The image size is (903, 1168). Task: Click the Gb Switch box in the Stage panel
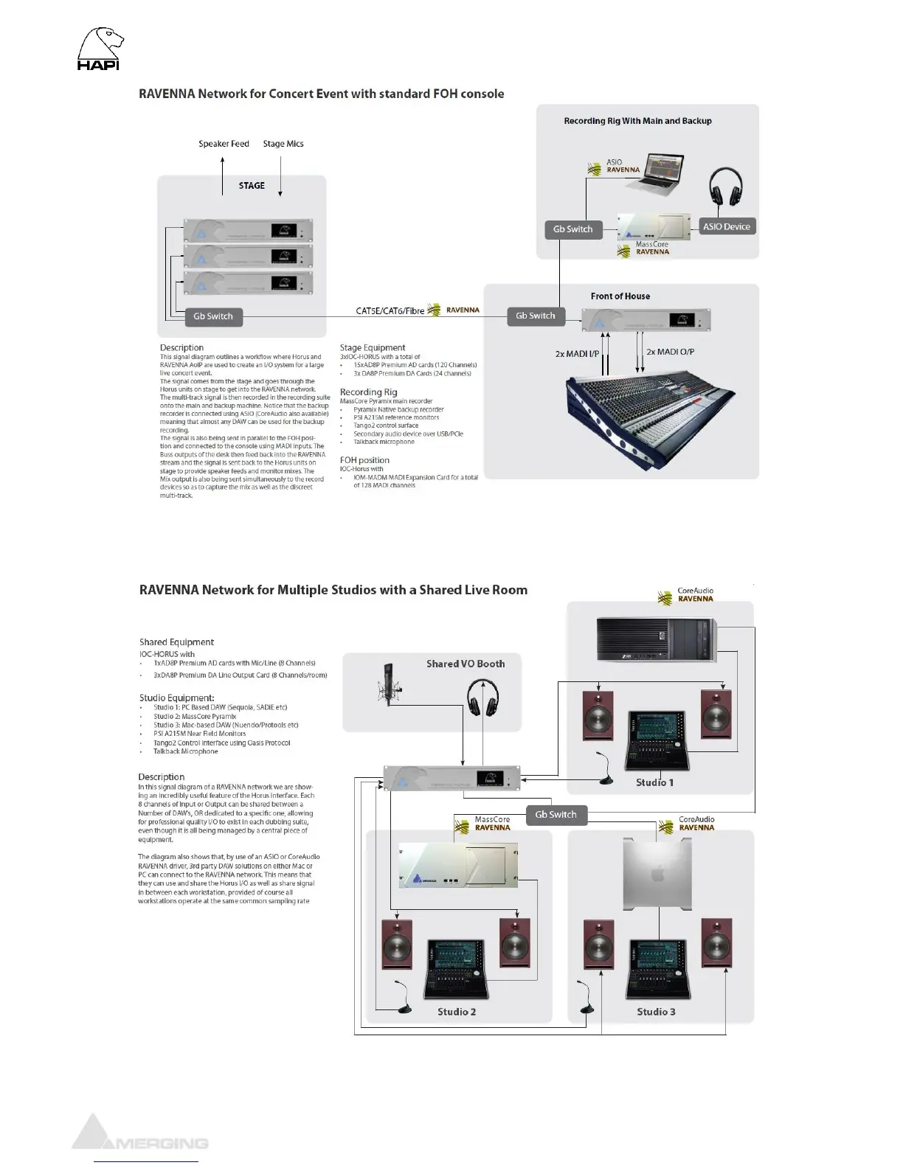[x=212, y=316]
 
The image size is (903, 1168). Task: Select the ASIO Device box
[x=726, y=226]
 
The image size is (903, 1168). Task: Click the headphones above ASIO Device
[x=725, y=187]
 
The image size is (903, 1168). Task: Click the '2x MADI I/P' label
[x=577, y=354]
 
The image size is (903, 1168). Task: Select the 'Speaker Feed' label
[x=224, y=144]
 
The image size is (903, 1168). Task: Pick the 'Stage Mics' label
[x=283, y=144]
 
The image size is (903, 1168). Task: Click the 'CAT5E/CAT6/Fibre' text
[x=390, y=311]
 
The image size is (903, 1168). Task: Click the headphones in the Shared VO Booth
[x=482, y=698]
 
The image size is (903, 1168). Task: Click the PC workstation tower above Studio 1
[x=656, y=639]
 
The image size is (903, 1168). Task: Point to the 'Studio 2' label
[x=457, y=1012]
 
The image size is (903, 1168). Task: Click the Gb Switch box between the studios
[x=556, y=815]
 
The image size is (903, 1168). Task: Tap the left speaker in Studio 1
[x=598, y=715]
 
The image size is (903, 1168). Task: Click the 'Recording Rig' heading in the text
[x=368, y=392]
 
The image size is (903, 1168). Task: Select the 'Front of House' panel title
[x=620, y=296]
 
